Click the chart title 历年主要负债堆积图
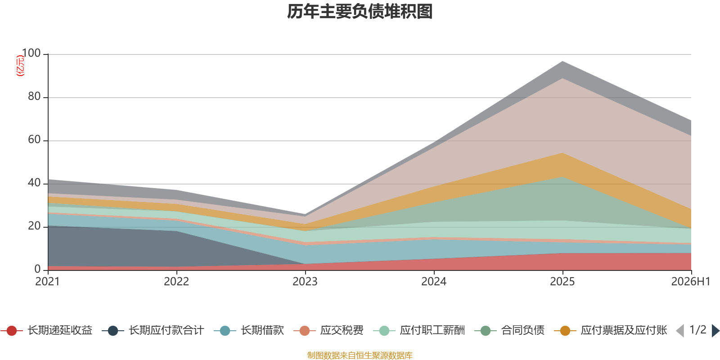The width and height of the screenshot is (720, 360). click(360, 12)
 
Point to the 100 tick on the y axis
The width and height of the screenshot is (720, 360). click(31, 53)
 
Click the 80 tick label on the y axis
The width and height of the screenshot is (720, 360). click(34, 96)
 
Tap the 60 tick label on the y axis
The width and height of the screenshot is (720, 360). click(34, 139)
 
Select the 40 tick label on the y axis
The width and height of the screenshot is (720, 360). click(34, 183)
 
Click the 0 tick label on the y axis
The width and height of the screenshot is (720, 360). click(38, 269)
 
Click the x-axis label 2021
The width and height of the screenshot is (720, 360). click(48, 282)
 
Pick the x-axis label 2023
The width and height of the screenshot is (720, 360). click(305, 282)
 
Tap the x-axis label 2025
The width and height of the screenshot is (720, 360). click(562, 282)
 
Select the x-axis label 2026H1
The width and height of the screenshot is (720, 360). click(691, 282)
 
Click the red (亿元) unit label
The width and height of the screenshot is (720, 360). click(20, 66)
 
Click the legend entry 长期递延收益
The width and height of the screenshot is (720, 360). click(47, 330)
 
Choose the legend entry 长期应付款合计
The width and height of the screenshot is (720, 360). click(153, 330)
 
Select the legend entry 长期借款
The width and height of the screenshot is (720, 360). click(249, 330)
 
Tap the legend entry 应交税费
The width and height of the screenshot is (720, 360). click(328, 330)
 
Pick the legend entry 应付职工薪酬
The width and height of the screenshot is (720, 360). click(419, 330)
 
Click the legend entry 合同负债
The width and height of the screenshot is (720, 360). click(509, 330)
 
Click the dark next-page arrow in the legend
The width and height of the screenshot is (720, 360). click(715, 331)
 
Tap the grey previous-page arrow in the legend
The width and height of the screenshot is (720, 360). click(680, 331)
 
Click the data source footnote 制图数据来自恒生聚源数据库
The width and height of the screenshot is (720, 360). click(360, 355)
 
